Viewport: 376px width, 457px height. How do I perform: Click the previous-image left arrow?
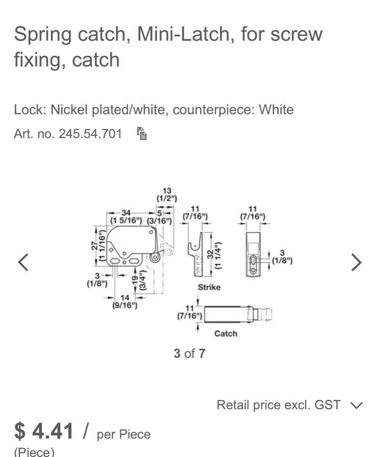pos(23,262)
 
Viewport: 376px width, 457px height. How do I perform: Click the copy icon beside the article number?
pos(142,134)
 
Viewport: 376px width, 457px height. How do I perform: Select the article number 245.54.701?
pos(90,134)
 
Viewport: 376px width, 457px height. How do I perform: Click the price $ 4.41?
pos(44,431)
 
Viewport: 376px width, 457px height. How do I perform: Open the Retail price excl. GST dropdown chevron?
pos(356,405)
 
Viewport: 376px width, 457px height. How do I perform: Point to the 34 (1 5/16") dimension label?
pos(126,216)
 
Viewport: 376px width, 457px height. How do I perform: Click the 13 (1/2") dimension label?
pos(166,195)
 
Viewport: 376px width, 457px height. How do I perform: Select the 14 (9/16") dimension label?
pos(124,302)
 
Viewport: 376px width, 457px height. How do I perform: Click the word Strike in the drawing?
pos(209,287)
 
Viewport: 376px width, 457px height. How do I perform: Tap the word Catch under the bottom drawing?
pos(226,333)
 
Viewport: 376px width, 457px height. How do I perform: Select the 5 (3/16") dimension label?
pos(159,217)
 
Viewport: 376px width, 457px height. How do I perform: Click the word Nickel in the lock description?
pos(68,110)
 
